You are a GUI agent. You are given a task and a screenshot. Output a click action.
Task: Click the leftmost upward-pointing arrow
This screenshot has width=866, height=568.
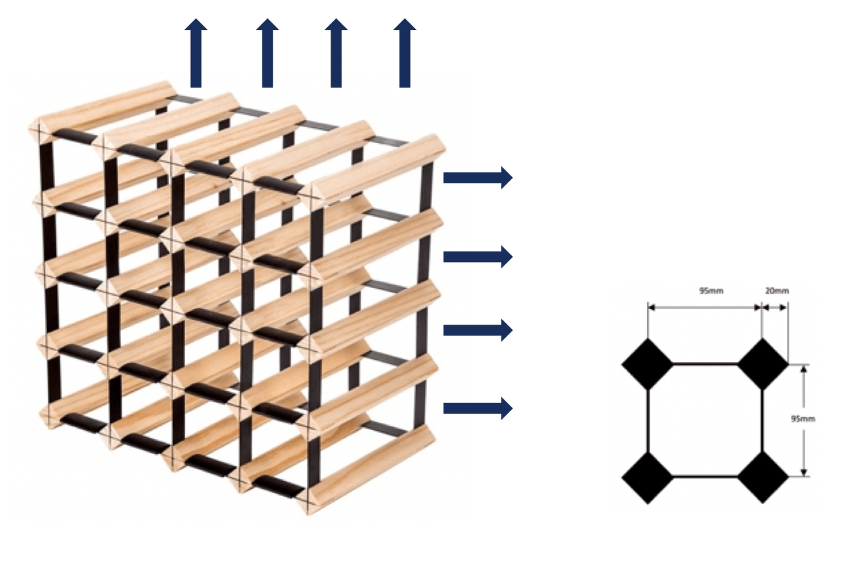(196, 54)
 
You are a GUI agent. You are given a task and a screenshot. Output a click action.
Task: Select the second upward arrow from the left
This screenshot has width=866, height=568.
(267, 54)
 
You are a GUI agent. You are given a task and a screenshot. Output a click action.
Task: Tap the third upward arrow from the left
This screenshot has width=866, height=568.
(336, 54)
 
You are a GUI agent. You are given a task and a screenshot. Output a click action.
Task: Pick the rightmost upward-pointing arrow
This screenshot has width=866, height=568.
(405, 54)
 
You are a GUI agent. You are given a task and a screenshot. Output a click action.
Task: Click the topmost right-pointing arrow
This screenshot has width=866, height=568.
(477, 177)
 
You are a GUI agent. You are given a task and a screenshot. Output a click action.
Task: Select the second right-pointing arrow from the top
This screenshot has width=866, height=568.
(477, 256)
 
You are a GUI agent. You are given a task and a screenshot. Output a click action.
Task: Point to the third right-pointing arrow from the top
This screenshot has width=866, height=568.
(477, 330)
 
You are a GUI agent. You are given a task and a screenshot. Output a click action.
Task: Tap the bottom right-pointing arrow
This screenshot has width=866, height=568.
(477, 408)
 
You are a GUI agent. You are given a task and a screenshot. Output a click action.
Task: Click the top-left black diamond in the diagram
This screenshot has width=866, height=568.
(648, 364)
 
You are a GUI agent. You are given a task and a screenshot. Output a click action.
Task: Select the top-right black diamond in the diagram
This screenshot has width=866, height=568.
(762, 364)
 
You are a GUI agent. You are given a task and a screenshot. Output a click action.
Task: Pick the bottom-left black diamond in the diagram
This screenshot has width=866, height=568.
(648, 477)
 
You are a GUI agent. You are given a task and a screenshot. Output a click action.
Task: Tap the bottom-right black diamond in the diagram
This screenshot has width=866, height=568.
(762, 477)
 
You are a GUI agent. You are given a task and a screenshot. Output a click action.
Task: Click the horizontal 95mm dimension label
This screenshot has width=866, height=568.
(711, 291)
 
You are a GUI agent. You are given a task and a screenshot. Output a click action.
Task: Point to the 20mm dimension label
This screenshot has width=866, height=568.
(777, 291)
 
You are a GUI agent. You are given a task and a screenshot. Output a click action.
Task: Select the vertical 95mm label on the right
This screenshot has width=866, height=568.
(803, 419)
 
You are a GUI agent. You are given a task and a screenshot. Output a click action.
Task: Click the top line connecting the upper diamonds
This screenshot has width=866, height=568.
(705, 364)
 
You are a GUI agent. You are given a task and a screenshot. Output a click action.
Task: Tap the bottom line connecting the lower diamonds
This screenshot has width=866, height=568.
(705, 477)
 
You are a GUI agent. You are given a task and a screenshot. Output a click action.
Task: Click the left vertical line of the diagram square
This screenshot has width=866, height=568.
(648, 420)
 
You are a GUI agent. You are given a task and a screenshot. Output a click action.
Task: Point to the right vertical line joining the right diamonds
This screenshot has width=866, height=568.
(762, 420)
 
